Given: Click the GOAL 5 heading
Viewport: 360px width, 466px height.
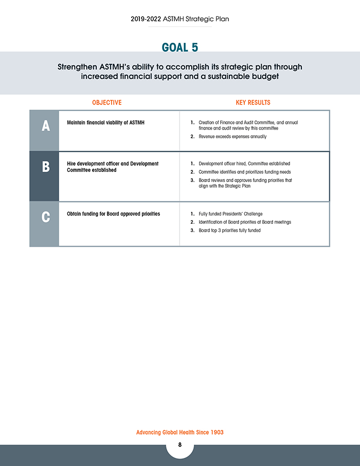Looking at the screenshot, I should click(179, 47).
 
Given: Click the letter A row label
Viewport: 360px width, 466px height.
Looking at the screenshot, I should click(45, 126).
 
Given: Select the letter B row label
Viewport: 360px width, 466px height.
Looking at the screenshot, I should click(45, 167).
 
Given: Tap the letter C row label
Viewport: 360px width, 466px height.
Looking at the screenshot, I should click(45, 217).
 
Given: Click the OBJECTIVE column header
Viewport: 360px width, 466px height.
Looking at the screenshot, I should click(107, 102).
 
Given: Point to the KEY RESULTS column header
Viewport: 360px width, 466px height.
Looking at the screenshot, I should click(253, 102).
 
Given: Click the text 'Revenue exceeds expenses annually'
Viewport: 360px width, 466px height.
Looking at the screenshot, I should click(232, 137).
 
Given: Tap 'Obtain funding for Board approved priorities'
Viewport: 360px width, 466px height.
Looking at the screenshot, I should click(114, 213).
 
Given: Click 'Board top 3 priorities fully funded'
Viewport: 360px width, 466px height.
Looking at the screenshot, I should click(229, 230).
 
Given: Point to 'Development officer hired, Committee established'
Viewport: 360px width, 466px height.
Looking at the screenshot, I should click(244, 164).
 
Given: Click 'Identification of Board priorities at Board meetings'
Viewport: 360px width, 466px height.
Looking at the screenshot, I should click(245, 222).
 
